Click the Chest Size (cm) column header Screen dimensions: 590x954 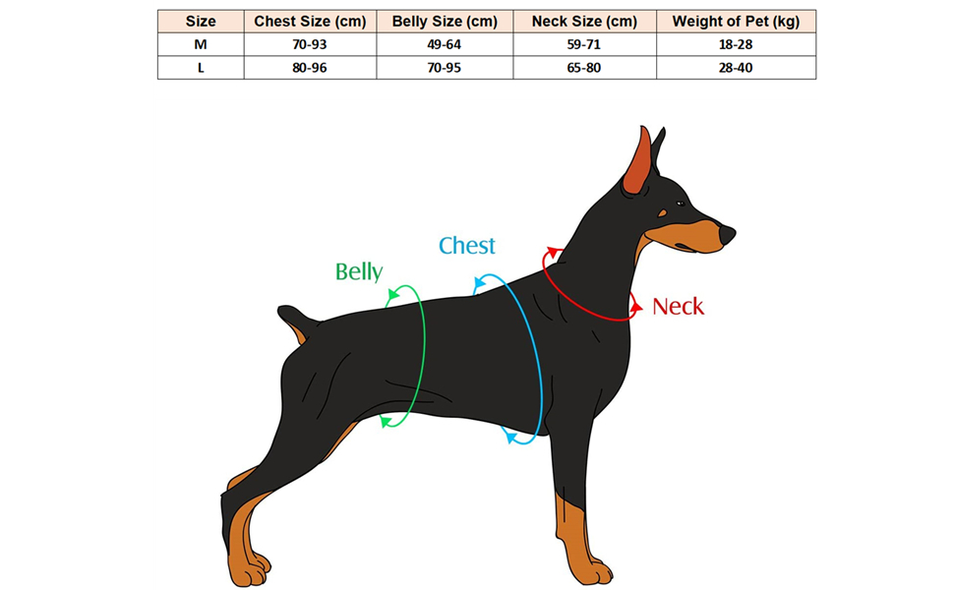(310, 21)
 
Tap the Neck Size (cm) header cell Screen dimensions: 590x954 (583, 21)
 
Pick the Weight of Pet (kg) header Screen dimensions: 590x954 (735, 21)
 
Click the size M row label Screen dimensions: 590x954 (201, 44)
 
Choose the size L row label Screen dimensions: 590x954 (201, 68)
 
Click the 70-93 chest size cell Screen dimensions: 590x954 (310, 44)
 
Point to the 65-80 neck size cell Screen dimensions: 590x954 (583, 68)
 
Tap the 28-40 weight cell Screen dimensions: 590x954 (735, 68)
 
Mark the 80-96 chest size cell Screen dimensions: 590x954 (310, 68)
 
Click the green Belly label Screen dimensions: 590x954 (358, 271)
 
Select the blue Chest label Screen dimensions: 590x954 (466, 246)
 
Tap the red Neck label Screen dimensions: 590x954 (678, 307)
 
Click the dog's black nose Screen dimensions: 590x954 (727, 234)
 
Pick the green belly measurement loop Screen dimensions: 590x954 (424, 354)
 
